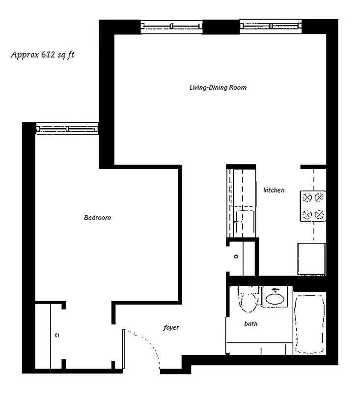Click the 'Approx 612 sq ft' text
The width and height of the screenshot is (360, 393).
(42, 55)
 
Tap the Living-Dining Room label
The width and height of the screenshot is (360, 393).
(218, 88)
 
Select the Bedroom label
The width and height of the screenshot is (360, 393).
(97, 218)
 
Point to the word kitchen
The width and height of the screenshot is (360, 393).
(274, 190)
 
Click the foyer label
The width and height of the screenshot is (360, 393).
(171, 327)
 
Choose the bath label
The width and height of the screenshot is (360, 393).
(250, 324)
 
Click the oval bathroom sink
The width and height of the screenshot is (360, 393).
(275, 298)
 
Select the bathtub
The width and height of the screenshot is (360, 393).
(309, 323)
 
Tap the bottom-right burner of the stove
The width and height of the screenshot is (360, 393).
(320, 214)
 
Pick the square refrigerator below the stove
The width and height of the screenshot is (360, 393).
(311, 258)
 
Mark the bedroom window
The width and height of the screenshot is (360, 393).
(68, 128)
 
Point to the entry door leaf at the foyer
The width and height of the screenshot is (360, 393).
(123, 348)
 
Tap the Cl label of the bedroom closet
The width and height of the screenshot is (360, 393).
(57, 336)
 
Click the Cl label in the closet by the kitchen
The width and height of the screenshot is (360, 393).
(236, 257)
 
